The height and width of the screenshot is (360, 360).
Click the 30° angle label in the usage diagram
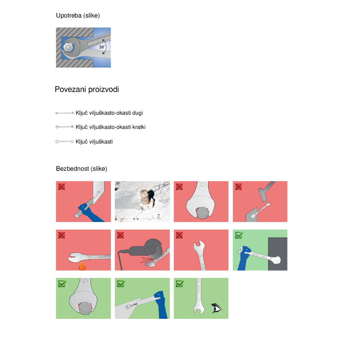pyautogui.click(x=102, y=47)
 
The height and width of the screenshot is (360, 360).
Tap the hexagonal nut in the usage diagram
pyautogui.click(x=68, y=47)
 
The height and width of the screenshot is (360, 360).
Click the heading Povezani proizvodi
pyautogui.click(x=87, y=89)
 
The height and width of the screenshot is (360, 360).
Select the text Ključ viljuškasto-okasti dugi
pyautogui.click(x=109, y=113)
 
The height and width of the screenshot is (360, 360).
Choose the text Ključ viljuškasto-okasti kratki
pyautogui.click(x=111, y=127)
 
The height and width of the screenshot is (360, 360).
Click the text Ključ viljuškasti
pyautogui.click(x=94, y=142)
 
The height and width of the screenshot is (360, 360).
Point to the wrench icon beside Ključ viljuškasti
pyautogui.click(x=64, y=142)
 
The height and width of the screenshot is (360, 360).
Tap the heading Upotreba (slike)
pyautogui.click(x=78, y=16)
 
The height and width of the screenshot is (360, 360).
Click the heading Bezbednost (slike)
pyautogui.click(x=82, y=169)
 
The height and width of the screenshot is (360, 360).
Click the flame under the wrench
pyautogui.click(x=82, y=266)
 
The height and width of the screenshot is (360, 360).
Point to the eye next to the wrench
pyautogui.click(x=216, y=308)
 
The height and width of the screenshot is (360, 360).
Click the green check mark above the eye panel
pyautogui.click(x=180, y=284)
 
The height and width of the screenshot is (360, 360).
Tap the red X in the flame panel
pyautogui.click(x=61, y=235)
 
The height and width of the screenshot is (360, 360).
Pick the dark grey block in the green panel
pyautogui.click(x=278, y=254)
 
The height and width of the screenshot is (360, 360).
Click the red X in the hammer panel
pyautogui.click(x=238, y=187)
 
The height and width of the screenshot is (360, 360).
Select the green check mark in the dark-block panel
pyautogui.click(x=239, y=235)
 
